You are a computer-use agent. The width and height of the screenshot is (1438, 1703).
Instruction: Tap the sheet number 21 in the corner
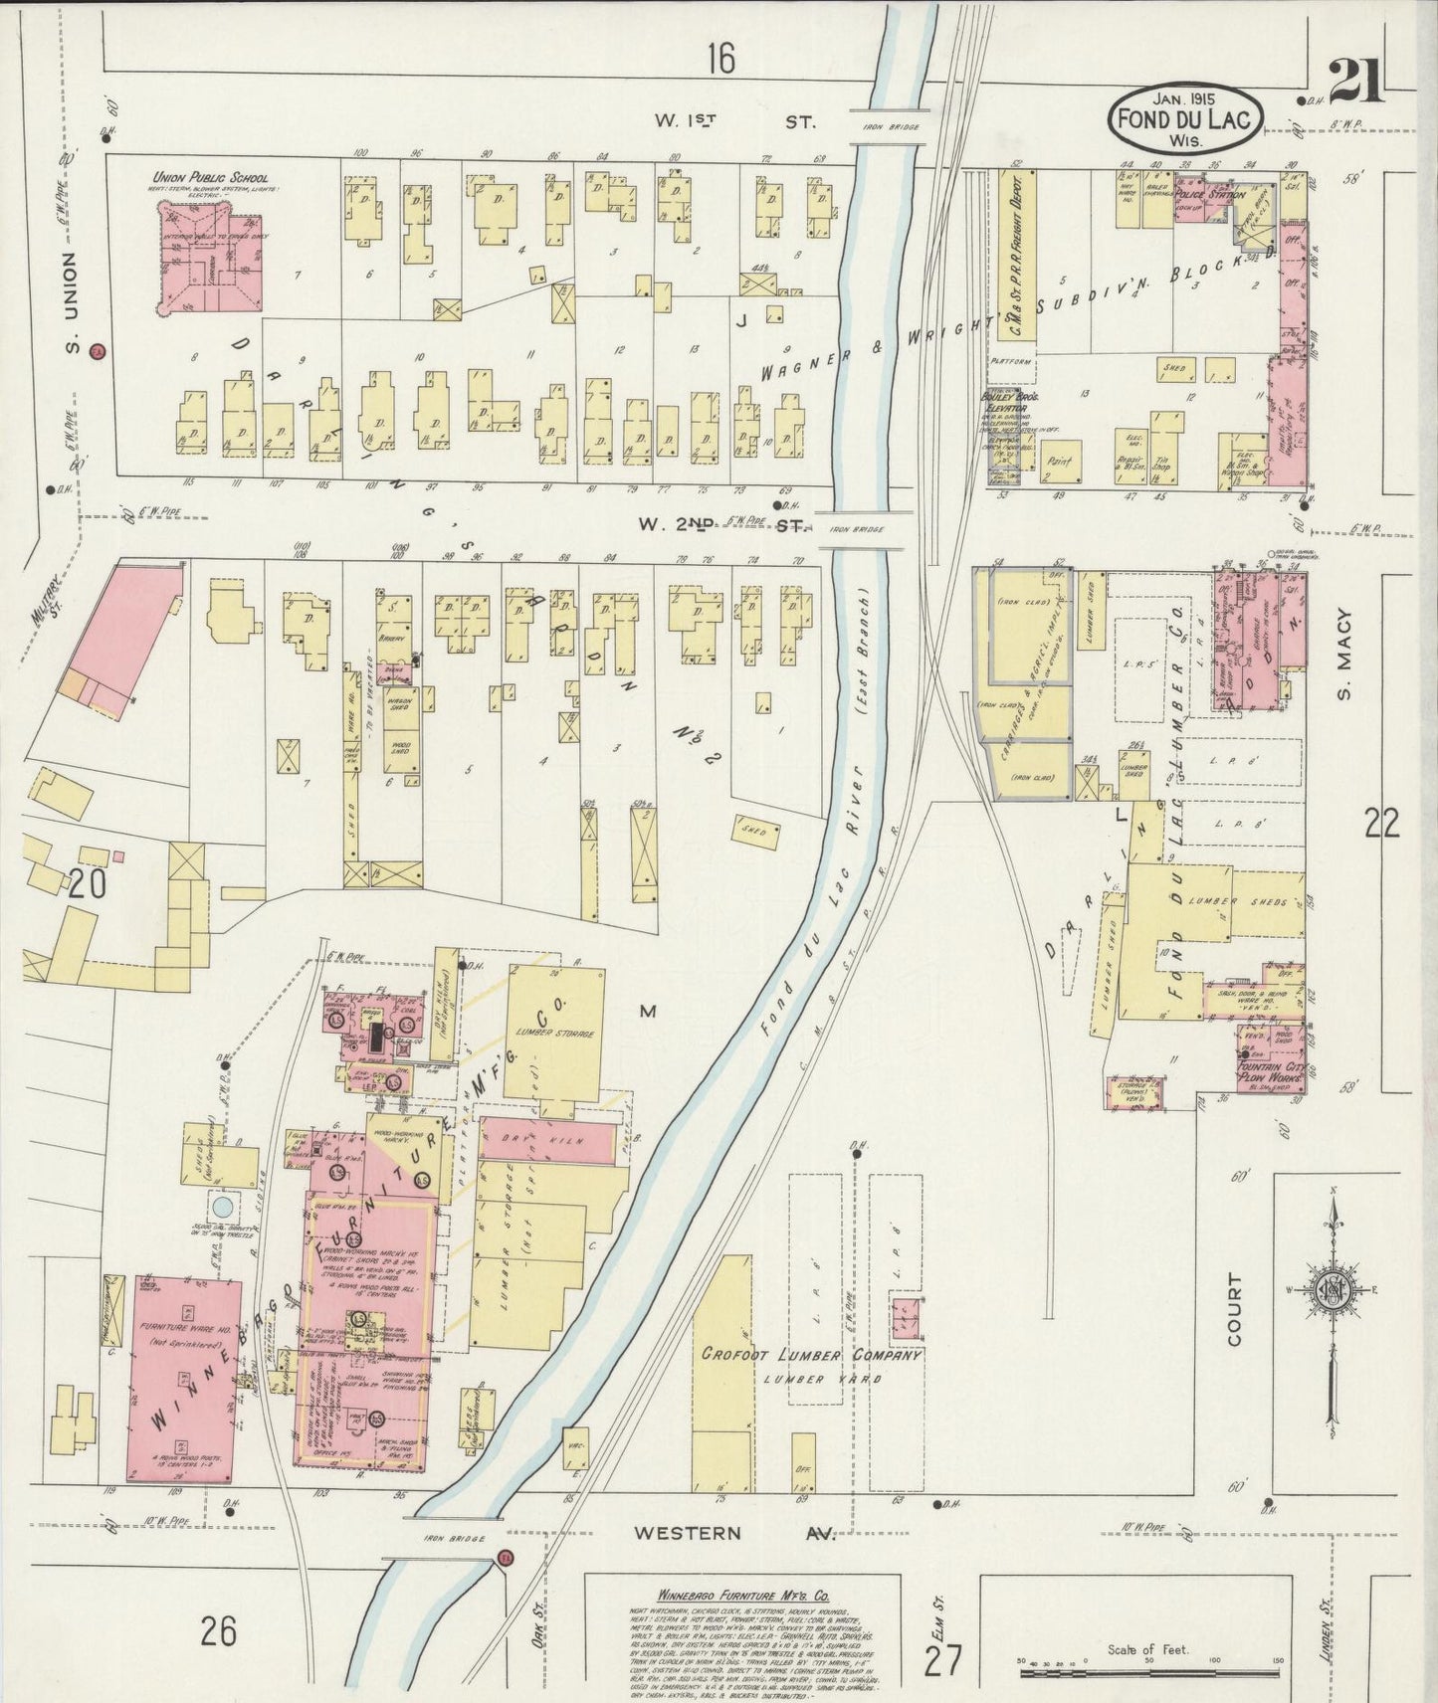point(1354,82)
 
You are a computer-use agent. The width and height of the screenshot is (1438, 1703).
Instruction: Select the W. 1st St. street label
point(733,122)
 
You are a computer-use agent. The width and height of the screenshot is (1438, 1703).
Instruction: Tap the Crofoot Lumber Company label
point(811,1355)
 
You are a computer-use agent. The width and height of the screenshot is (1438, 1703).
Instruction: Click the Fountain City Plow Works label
point(1270,1075)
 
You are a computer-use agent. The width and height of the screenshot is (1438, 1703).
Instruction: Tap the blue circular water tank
point(224,1206)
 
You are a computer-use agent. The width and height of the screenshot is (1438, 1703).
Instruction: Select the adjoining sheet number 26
point(218,1630)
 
